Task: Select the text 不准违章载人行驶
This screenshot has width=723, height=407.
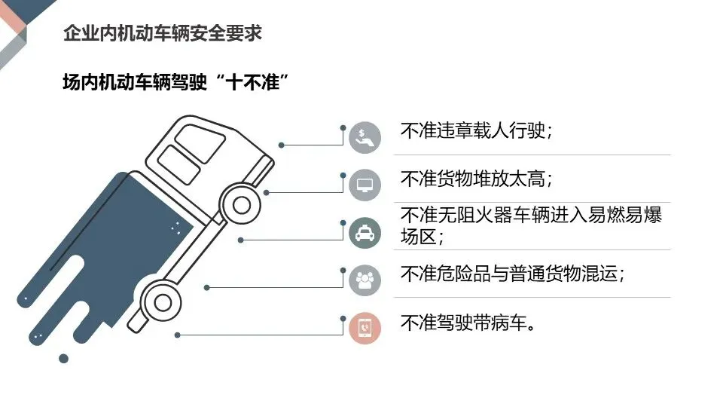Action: (477, 131)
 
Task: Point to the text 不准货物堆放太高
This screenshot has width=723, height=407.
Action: (477, 179)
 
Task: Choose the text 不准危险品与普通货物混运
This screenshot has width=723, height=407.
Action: (512, 274)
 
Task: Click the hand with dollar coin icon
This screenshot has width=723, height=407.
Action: (365, 137)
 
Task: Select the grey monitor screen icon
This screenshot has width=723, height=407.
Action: (365, 185)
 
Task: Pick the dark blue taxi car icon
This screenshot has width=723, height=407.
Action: (365, 233)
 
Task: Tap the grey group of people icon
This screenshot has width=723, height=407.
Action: (365, 280)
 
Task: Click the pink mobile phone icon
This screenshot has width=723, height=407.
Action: (365, 328)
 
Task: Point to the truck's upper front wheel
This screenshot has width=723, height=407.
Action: (242, 204)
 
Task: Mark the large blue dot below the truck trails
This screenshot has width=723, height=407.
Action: (64, 359)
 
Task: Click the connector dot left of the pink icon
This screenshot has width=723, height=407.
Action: (343, 318)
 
